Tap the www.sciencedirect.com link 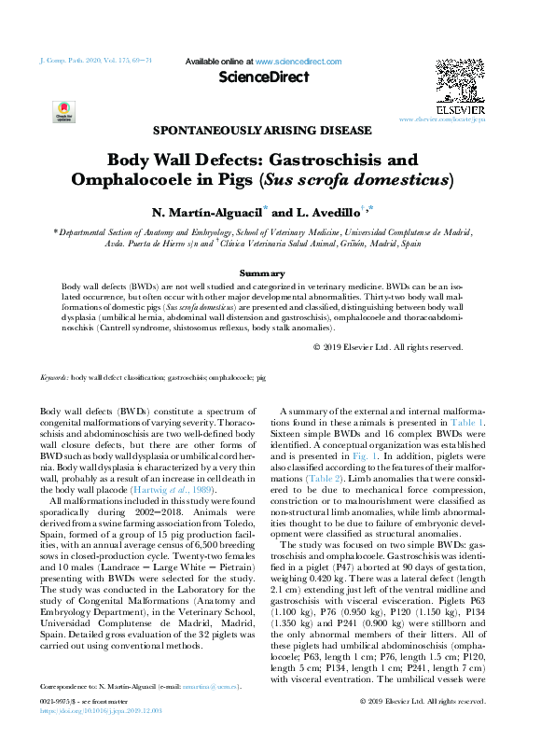[298, 62]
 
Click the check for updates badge [63, 113]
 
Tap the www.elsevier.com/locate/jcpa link [443, 120]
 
